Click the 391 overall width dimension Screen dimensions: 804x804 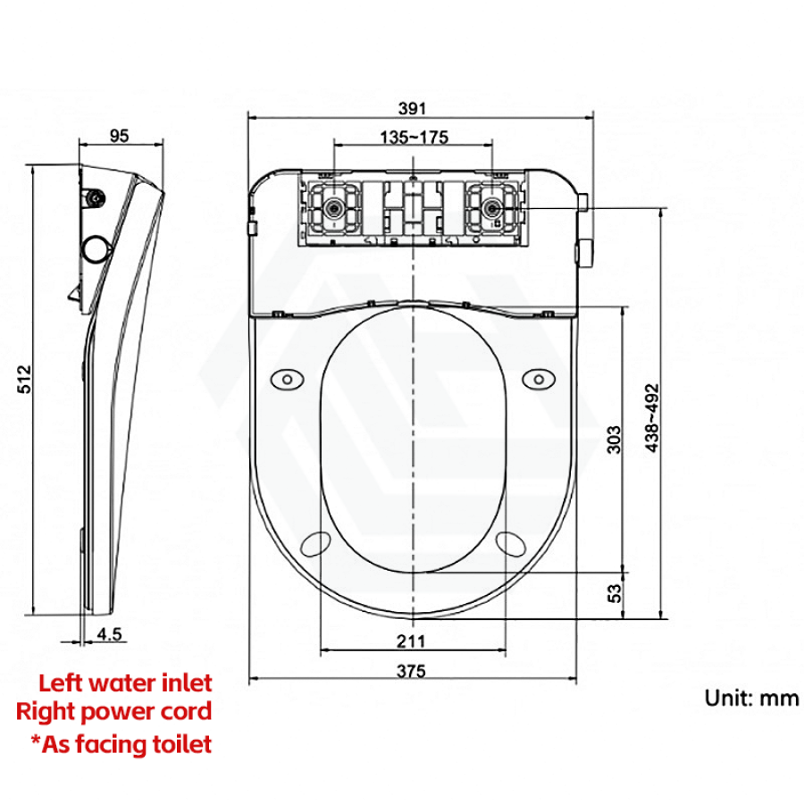412,109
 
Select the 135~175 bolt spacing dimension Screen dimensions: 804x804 414,138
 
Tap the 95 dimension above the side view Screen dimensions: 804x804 120,136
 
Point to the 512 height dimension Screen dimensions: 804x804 25,379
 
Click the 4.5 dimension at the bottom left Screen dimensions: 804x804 109,634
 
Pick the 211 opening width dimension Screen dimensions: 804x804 411,641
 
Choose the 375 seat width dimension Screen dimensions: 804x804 411,671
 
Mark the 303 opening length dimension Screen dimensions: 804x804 614,440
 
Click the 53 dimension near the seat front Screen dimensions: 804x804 614,593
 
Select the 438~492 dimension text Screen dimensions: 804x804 652,418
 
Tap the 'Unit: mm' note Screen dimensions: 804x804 751,699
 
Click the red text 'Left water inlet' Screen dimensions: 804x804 125,683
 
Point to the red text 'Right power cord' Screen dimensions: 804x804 113,712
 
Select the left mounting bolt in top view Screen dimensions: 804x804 334,207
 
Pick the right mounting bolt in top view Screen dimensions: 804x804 491,207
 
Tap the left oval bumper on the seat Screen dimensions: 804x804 287,380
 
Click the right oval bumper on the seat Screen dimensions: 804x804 539,380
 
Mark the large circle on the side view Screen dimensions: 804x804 96,249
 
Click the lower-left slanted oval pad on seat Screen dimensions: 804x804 315,544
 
